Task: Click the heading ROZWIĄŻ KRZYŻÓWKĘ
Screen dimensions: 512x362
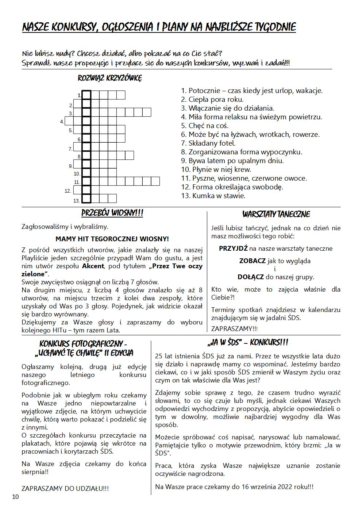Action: pos(110,78)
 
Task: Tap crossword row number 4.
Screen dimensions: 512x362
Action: pos(62,122)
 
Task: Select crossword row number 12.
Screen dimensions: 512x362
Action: pos(68,191)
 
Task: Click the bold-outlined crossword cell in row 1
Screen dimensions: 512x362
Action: pos(86,95)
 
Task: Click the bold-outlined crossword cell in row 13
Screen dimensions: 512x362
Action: pos(86,199)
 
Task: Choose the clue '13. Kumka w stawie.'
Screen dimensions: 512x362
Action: pos(213,196)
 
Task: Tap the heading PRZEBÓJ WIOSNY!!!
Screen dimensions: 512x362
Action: pos(112,213)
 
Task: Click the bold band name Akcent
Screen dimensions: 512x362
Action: pos(93,266)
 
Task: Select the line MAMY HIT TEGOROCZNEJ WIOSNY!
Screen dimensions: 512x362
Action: pos(112,239)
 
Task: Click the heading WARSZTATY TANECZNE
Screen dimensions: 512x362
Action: pos(276,214)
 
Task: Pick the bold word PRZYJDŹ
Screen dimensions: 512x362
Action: pos(233,249)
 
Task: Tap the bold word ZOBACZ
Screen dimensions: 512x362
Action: pos(252,261)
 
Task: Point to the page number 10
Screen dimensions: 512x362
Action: pos(15,497)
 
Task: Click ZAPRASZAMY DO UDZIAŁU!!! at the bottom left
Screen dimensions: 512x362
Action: pos(65,488)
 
